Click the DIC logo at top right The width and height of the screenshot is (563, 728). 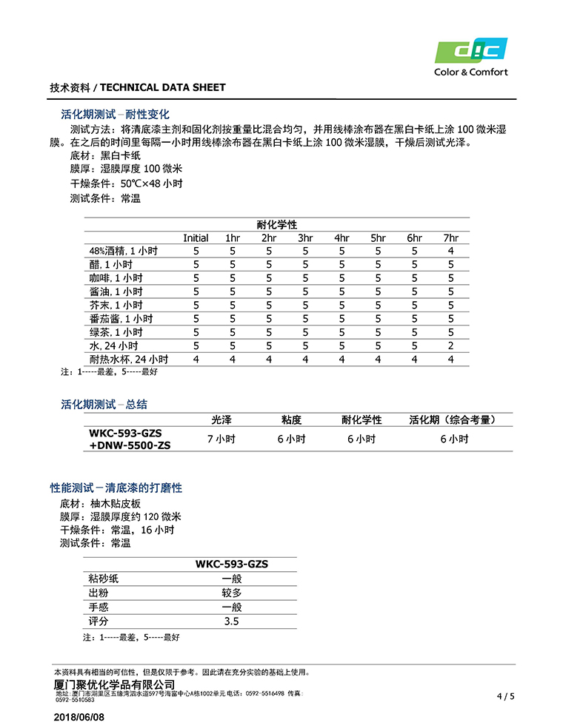point(470,52)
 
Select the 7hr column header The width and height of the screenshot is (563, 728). point(450,237)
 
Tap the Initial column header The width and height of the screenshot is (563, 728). point(196,237)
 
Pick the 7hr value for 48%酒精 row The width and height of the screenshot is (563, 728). point(450,251)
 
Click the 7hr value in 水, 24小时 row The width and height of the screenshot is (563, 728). point(450,346)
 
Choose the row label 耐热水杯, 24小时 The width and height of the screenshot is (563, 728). point(129,359)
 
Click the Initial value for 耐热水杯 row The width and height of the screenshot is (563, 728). point(196,359)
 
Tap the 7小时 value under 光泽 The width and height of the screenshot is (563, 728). point(221,439)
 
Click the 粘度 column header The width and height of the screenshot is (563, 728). point(291,419)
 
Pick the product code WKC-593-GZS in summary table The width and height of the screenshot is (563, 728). point(125,433)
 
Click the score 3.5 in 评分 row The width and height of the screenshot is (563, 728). point(232,621)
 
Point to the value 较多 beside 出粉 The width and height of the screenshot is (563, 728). point(232,593)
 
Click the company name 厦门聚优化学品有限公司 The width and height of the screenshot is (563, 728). point(115,684)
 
